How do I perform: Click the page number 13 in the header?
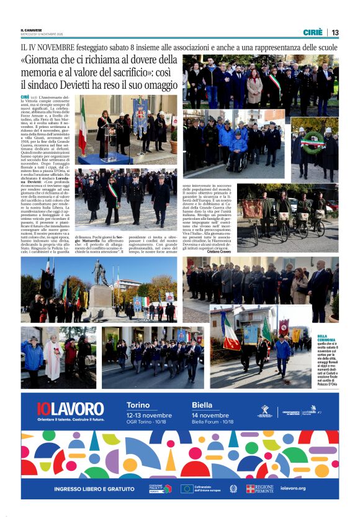coord(335,32)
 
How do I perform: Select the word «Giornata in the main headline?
coord(43,61)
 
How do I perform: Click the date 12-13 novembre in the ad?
coord(149,415)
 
